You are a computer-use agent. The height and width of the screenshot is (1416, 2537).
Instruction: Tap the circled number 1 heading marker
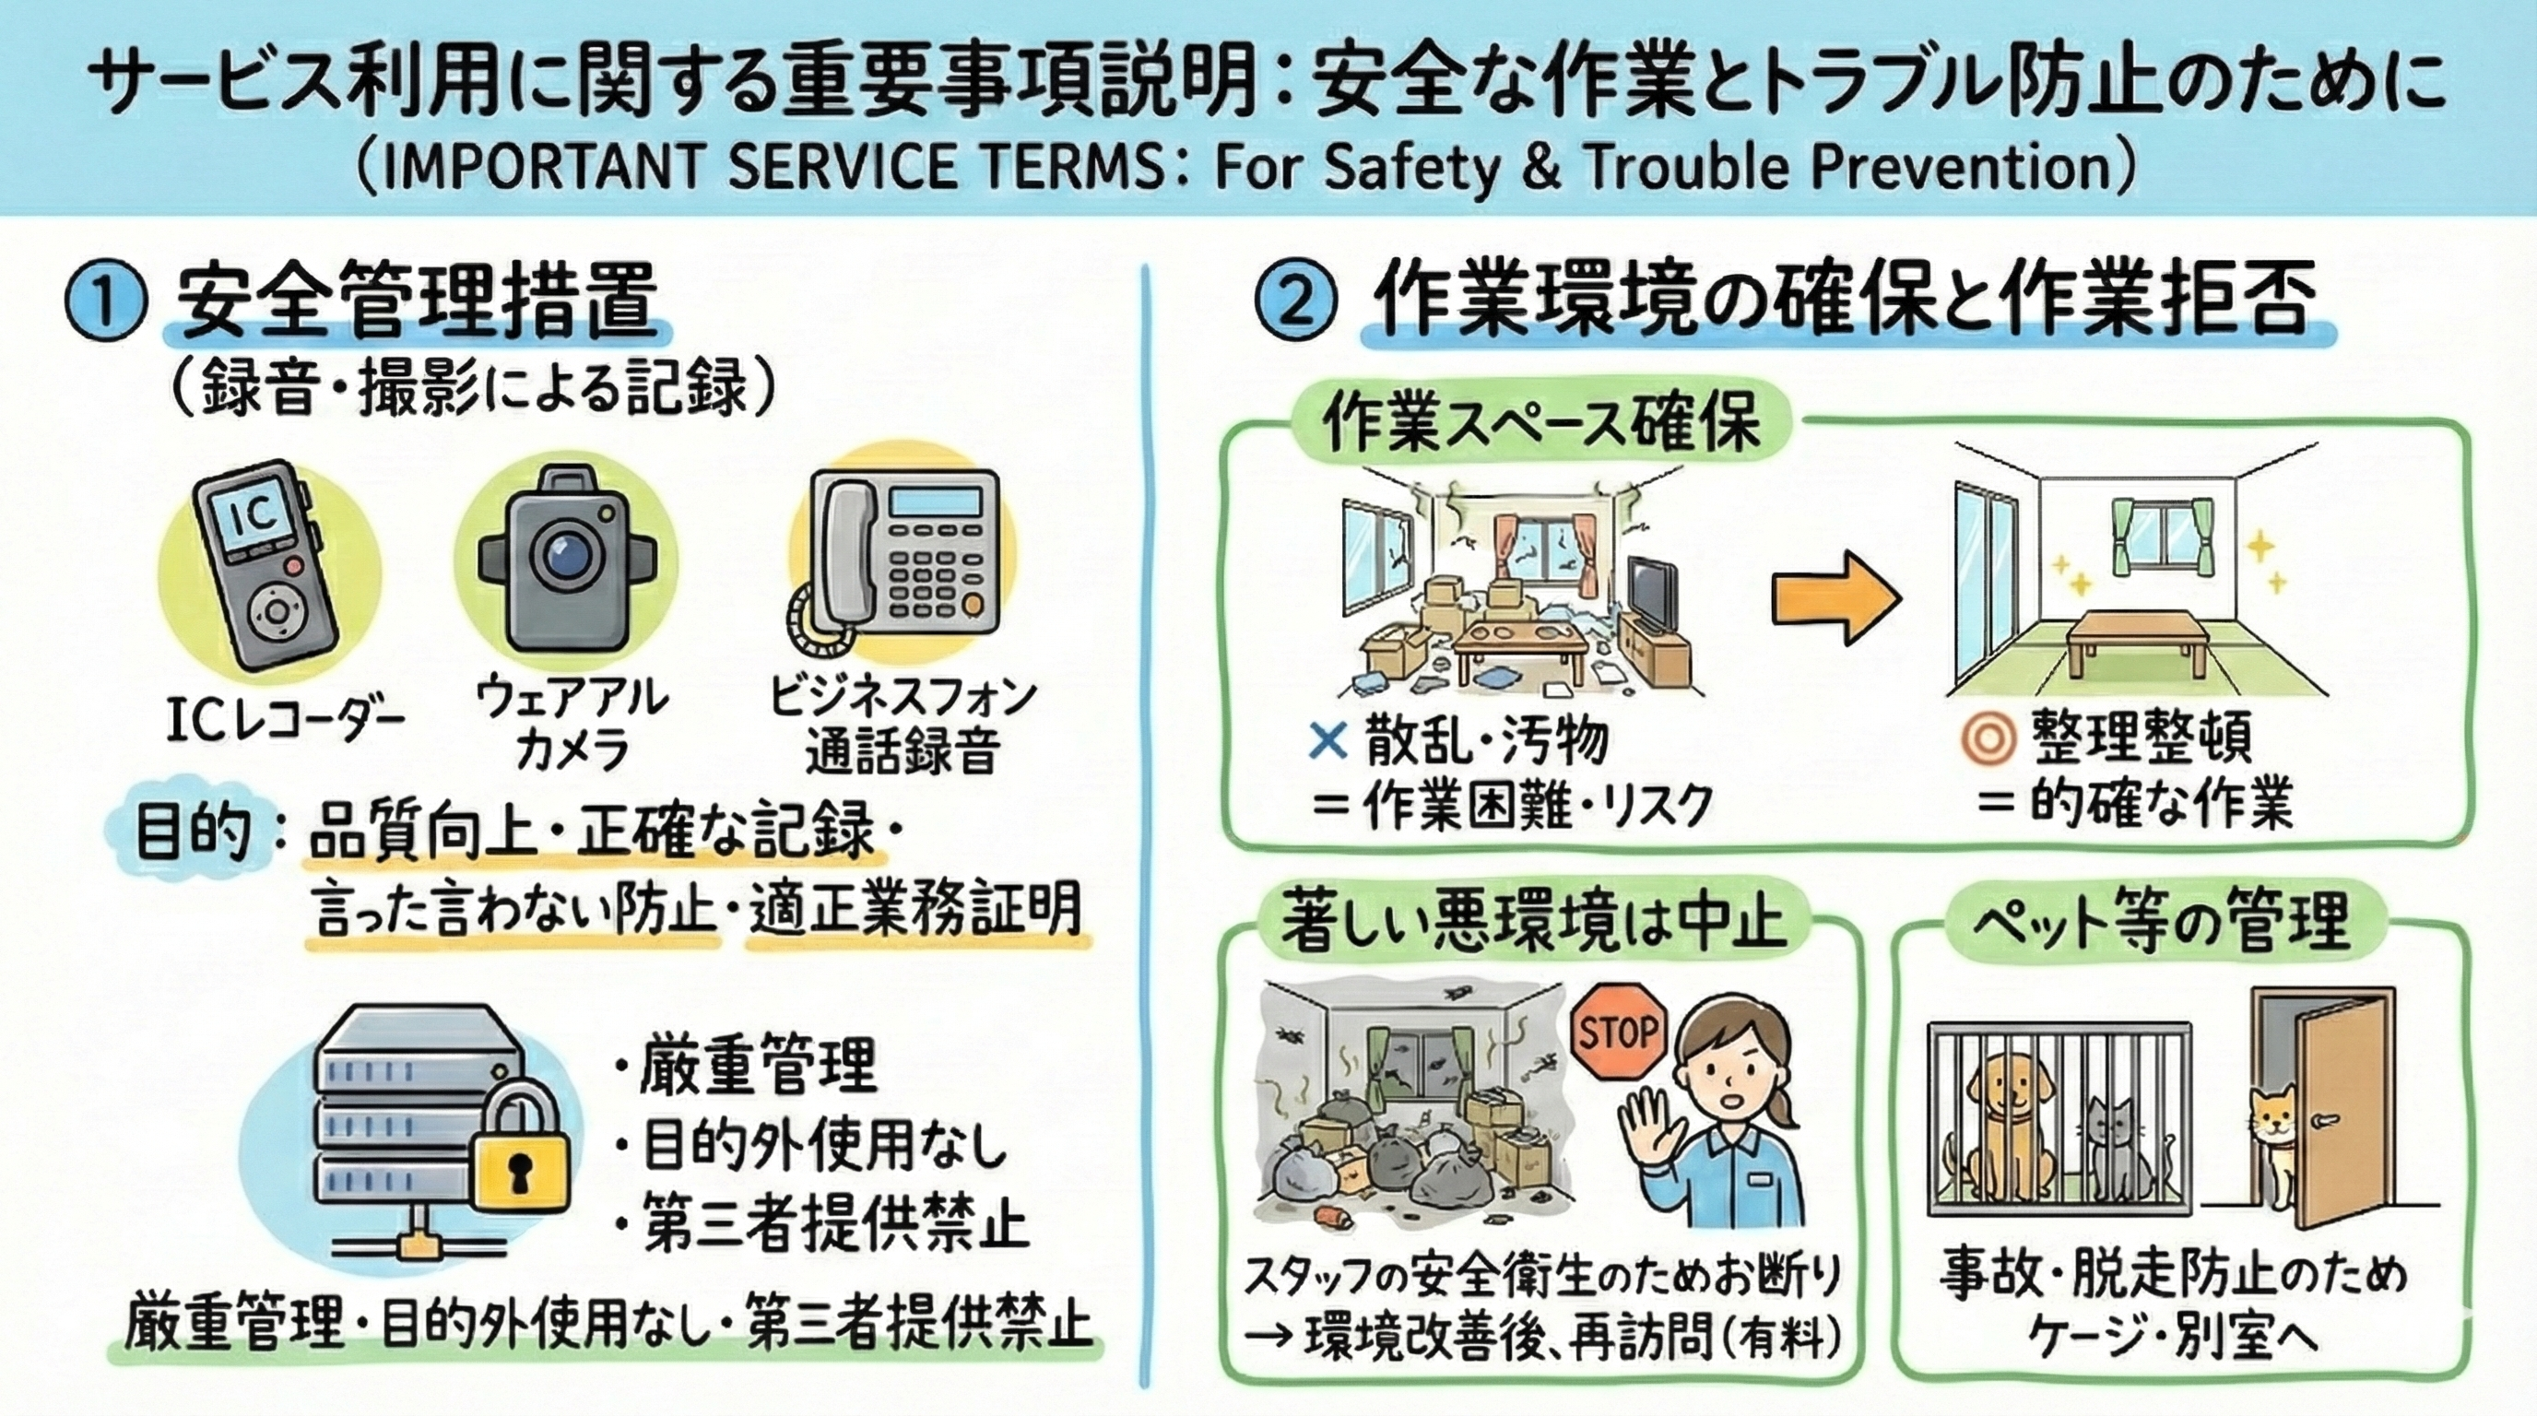pos(105,304)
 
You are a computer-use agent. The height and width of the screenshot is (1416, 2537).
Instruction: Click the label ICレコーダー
pos(286,723)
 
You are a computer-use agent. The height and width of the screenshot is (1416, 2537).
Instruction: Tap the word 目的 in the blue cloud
pos(193,833)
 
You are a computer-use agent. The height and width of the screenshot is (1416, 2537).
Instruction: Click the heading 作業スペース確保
pos(1540,425)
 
